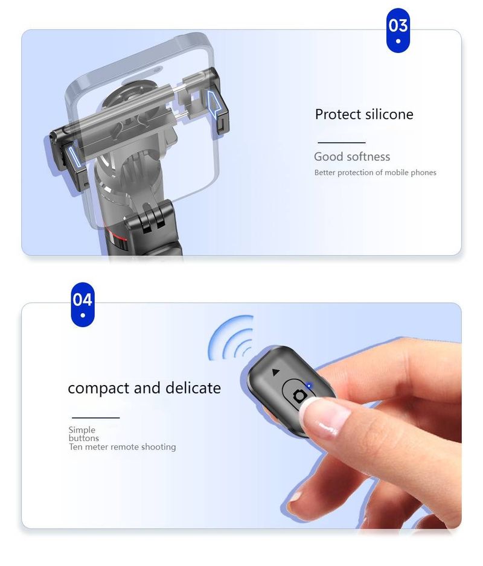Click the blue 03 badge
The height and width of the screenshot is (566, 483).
click(398, 30)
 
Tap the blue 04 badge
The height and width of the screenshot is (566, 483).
click(83, 305)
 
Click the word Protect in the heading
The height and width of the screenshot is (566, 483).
click(338, 115)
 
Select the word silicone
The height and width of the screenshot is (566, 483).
click(389, 115)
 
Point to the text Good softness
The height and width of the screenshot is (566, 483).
click(352, 157)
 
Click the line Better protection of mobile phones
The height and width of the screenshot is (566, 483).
click(376, 173)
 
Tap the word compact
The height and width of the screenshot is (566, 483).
click(98, 389)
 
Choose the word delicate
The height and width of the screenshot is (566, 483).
click(193, 387)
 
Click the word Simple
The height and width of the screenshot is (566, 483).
click(82, 430)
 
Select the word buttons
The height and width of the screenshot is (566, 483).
click(84, 438)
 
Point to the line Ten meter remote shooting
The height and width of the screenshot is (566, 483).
click(123, 447)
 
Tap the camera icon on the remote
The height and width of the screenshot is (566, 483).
click(299, 396)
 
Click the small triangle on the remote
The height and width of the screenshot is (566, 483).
click(276, 372)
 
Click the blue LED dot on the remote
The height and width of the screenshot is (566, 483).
click(309, 386)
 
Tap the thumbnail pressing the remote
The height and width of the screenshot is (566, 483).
click(325, 418)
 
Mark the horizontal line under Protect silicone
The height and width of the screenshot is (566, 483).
click(342, 142)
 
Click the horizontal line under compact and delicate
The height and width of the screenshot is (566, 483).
click(96, 418)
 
